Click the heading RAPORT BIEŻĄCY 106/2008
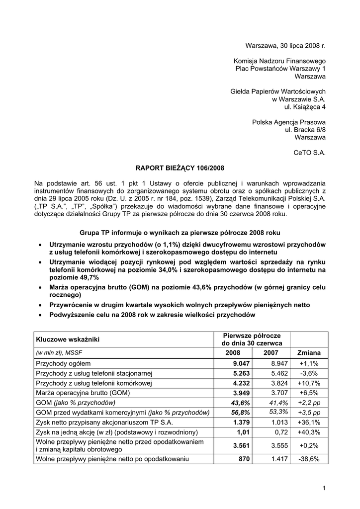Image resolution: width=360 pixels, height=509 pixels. click(x=180, y=169)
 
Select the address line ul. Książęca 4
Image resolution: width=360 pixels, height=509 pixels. click(x=305, y=107)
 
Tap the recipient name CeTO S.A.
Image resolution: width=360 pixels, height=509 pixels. click(x=310, y=153)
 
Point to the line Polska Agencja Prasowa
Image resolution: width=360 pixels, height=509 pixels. click(x=289, y=122)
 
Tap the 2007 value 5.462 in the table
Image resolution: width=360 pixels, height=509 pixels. click(x=280, y=373)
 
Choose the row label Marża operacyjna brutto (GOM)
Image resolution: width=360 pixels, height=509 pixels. click(x=83, y=393)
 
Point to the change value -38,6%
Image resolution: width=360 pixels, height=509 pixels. click(x=309, y=459)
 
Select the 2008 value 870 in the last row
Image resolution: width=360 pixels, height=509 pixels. click(x=244, y=459)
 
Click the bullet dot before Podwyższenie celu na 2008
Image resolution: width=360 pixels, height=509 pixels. click(x=39, y=315)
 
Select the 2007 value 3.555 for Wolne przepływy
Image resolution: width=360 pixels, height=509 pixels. click(x=280, y=446)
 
